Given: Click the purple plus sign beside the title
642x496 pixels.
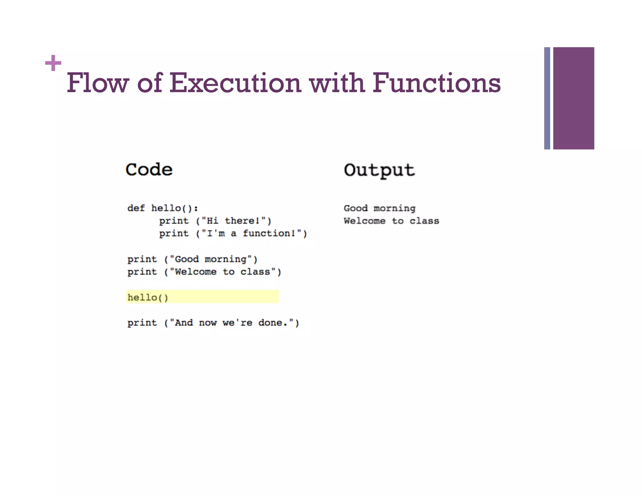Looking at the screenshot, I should tap(53, 63).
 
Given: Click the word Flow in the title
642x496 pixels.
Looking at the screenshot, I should tap(98, 83).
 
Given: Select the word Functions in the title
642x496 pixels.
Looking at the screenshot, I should tap(436, 83).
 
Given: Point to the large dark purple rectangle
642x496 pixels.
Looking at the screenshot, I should tap(573, 98).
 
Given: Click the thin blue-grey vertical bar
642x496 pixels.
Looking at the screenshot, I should tap(547, 98).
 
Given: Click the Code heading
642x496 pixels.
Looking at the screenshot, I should tap(149, 170).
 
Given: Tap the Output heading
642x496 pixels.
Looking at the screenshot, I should tap(379, 170).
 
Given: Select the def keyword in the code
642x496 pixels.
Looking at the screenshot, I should tap(136, 208).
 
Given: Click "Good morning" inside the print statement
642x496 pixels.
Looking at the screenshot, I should tap(211, 259).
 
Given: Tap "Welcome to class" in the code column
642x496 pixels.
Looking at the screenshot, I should tap(223, 272).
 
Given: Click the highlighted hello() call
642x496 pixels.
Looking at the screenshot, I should tap(148, 297).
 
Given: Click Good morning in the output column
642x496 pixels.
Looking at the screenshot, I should tap(379, 208).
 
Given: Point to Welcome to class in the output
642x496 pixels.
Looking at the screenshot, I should tap(391, 221).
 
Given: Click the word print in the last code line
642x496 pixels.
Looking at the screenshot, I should tap(142, 323).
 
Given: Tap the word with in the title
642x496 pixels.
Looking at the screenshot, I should tap(337, 83).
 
